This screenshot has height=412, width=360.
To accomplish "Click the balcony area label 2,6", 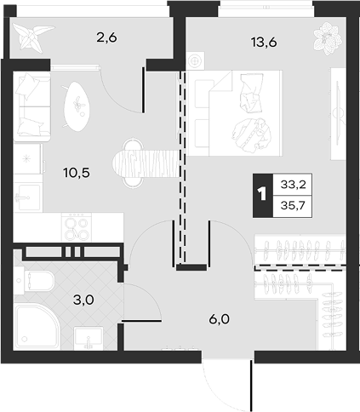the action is [106, 37].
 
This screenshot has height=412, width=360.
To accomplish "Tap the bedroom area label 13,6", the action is [264, 43].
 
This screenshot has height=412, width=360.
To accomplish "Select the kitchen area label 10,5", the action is [77, 172].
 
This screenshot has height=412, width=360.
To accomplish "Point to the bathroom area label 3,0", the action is [83, 300].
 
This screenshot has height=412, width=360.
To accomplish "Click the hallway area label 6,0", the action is [219, 319].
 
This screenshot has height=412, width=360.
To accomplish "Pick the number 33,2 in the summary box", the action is [293, 185].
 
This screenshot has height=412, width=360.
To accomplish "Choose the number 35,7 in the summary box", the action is [293, 205].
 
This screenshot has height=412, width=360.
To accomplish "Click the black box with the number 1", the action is [263, 195].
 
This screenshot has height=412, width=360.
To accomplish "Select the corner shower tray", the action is [37, 327].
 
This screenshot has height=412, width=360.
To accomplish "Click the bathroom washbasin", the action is [89, 338].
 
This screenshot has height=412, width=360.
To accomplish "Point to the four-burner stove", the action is [77, 227].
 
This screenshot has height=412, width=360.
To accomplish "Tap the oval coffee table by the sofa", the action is [77, 106].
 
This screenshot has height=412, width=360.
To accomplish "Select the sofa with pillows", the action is [32, 106].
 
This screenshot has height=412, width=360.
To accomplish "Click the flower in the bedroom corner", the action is [329, 38].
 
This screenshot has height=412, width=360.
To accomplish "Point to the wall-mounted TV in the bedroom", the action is [339, 113].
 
